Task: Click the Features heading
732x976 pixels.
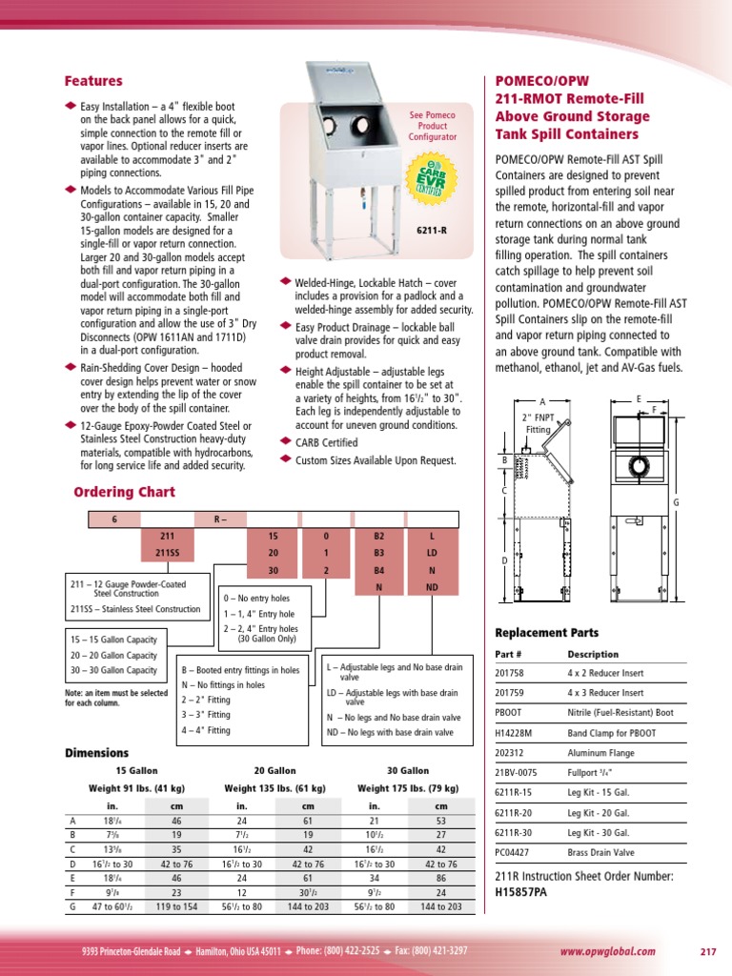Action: pyautogui.click(x=93, y=82)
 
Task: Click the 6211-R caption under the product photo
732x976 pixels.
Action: pyautogui.click(x=432, y=229)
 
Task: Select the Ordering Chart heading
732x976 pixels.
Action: pyautogui.click(x=124, y=492)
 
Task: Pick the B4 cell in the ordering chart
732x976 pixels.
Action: pyautogui.click(x=378, y=570)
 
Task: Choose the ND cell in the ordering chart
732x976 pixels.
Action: pyautogui.click(x=432, y=587)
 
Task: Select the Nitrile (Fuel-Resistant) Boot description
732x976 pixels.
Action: pyautogui.click(x=620, y=712)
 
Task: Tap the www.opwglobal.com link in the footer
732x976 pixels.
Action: pyautogui.click(x=607, y=951)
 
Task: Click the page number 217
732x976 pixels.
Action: pyautogui.click(x=707, y=951)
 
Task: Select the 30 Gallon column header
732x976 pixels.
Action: pyautogui.click(x=407, y=770)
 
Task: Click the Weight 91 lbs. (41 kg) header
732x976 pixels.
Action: pyautogui.click(x=137, y=788)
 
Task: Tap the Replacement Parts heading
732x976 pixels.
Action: pyautogui.click(x=547, y=632)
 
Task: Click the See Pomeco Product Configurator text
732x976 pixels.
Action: pyautogui.click(x=432, y=126)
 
